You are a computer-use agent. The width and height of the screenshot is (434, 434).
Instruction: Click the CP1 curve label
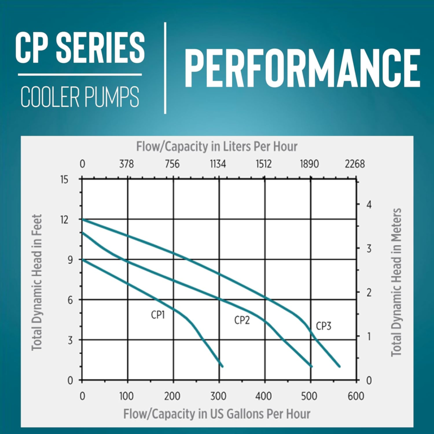(x=158, y=314)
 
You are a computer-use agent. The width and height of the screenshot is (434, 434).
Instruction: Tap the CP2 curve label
(x=242, y=320)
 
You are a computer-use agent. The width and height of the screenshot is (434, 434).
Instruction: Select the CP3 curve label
(x=323, y=326)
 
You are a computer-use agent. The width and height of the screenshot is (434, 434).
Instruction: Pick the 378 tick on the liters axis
(x=127, y=164)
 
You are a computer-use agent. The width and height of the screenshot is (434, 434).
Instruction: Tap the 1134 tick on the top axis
(x=219, y=164)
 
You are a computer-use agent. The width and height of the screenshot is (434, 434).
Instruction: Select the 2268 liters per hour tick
(x=355, y=164)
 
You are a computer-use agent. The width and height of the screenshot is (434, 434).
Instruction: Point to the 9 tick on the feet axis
(x=68, y=259)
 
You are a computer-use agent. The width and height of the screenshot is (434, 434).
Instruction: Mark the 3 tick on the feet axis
(x=68, y=340)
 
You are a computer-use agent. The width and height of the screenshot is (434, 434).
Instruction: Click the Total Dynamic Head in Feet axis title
(x=37, y=280)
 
